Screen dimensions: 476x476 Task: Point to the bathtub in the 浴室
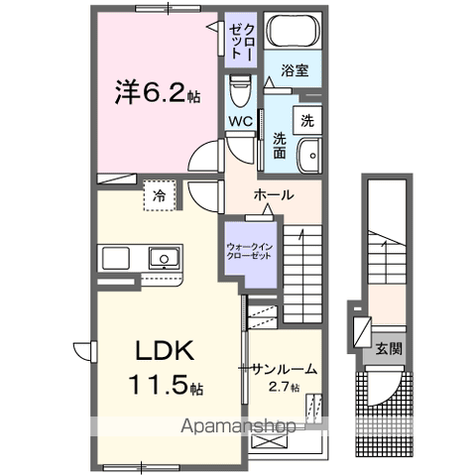(295, 32)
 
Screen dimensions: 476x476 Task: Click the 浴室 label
(294, 71)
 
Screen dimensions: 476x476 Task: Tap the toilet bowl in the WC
(239, 92)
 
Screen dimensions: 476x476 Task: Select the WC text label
(241, 122)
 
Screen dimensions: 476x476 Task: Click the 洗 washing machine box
(308, 121)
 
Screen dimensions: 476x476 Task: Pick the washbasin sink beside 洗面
(310, 155)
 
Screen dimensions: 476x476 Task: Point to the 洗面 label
(281, 147)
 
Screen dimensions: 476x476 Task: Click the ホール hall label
(273, 194)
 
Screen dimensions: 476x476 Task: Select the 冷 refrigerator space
(159, 196)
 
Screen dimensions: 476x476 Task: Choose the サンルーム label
(284, 369)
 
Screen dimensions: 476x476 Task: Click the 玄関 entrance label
(388, 348)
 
